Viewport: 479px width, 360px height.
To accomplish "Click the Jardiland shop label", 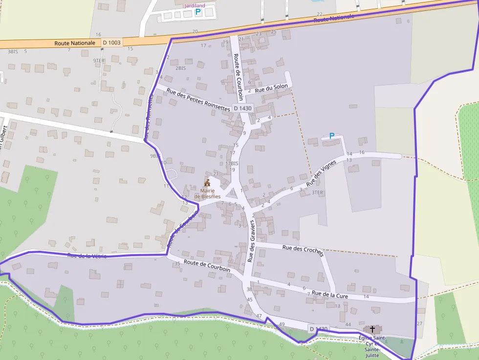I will (195, 5).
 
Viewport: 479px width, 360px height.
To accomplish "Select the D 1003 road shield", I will (111, 43).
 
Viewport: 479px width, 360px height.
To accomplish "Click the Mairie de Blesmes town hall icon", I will (207, 183).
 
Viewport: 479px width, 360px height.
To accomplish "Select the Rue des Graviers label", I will (251, 238).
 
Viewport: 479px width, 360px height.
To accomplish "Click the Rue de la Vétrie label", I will (87, 255).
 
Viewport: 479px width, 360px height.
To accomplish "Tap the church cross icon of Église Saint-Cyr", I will (373, 330).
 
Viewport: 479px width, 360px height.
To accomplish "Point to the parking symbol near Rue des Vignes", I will (332, 136).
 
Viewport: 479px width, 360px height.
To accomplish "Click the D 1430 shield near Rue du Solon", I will (242, 108).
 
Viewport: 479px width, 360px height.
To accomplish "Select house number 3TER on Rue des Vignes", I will (318, 192).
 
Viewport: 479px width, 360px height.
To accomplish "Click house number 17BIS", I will (232, 163).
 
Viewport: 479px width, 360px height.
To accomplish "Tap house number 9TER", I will (99, 61).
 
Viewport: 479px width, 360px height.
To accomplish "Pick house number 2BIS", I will (180, 68).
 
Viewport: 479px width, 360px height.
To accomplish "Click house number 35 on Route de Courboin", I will (177, 264).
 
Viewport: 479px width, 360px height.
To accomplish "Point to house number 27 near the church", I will (419, 323).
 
